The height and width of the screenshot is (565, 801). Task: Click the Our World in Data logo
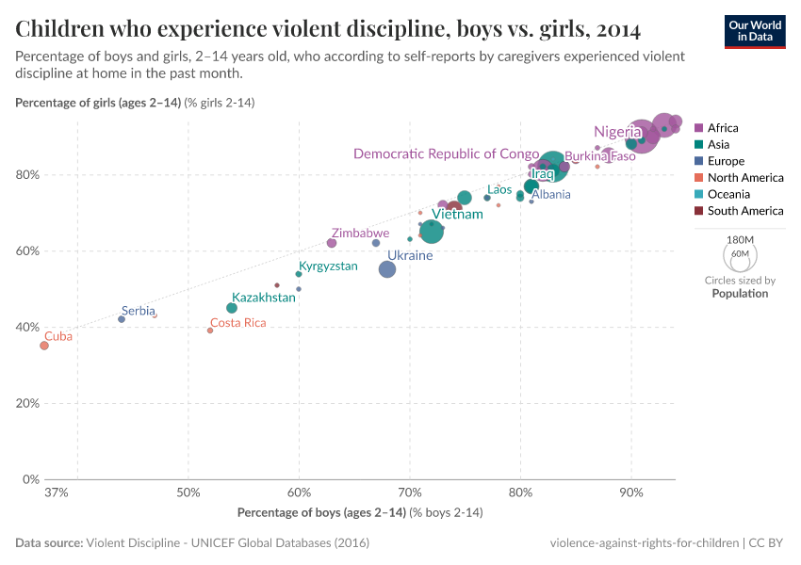754,31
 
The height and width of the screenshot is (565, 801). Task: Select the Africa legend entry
723,128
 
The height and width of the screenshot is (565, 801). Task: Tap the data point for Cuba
44,346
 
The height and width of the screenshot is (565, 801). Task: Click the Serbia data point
122,319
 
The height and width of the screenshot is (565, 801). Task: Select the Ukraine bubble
387,269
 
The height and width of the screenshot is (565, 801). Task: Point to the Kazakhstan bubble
232,308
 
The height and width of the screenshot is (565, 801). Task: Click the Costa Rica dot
210,331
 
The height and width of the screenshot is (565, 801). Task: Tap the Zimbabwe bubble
332,243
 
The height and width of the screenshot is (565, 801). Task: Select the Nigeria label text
617,132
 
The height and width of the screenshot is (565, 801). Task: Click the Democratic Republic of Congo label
446,153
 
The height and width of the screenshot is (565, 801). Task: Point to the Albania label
550,195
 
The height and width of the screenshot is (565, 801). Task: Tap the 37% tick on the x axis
56,492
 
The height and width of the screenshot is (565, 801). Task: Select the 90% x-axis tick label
631,492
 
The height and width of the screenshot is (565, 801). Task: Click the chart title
328,30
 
